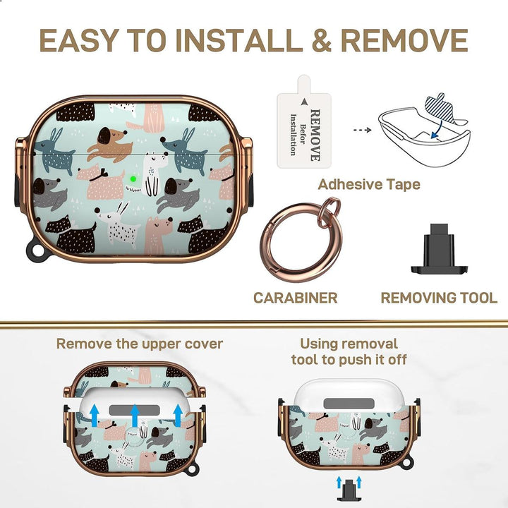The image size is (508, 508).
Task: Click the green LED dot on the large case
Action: pyautogui.click(x=132, y=179)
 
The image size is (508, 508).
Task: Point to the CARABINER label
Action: pyautogui.click(x=295, y=298)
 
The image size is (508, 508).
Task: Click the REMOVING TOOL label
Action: pyautogui.click(x=438, y=298)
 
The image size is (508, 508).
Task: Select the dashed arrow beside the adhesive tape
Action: pyautogui.click(x=361, y=131)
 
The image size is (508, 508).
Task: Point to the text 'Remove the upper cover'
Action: pyautogui.click(x=140, y=344)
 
